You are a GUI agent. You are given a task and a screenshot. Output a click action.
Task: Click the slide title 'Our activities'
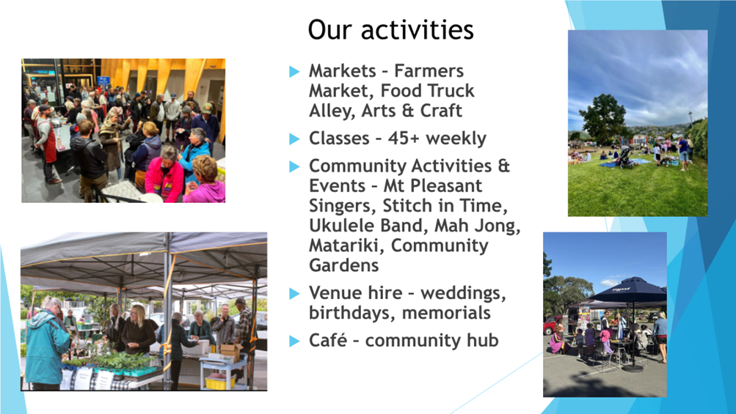pyautogui.click(x=390, y=30)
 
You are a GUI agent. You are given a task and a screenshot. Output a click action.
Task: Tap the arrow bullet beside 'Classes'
pyautogui.click(x=294, y=138)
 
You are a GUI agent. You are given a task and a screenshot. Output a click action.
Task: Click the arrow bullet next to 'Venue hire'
pyautogui.click(x=294, y=294)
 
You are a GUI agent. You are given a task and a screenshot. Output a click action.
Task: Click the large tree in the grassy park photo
pyautogui.click(x=603, y=117)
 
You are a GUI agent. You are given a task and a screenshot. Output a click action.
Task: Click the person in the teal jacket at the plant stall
pyautogui.click(x=48, y=341)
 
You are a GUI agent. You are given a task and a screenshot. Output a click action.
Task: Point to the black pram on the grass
pyautogui.click(x=626, y=159)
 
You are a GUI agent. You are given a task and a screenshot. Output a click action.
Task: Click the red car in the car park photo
pyautogui.click(x=551, y=325)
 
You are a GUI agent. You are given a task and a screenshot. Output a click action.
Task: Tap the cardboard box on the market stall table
pyautogui.click(x=230, y=351)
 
